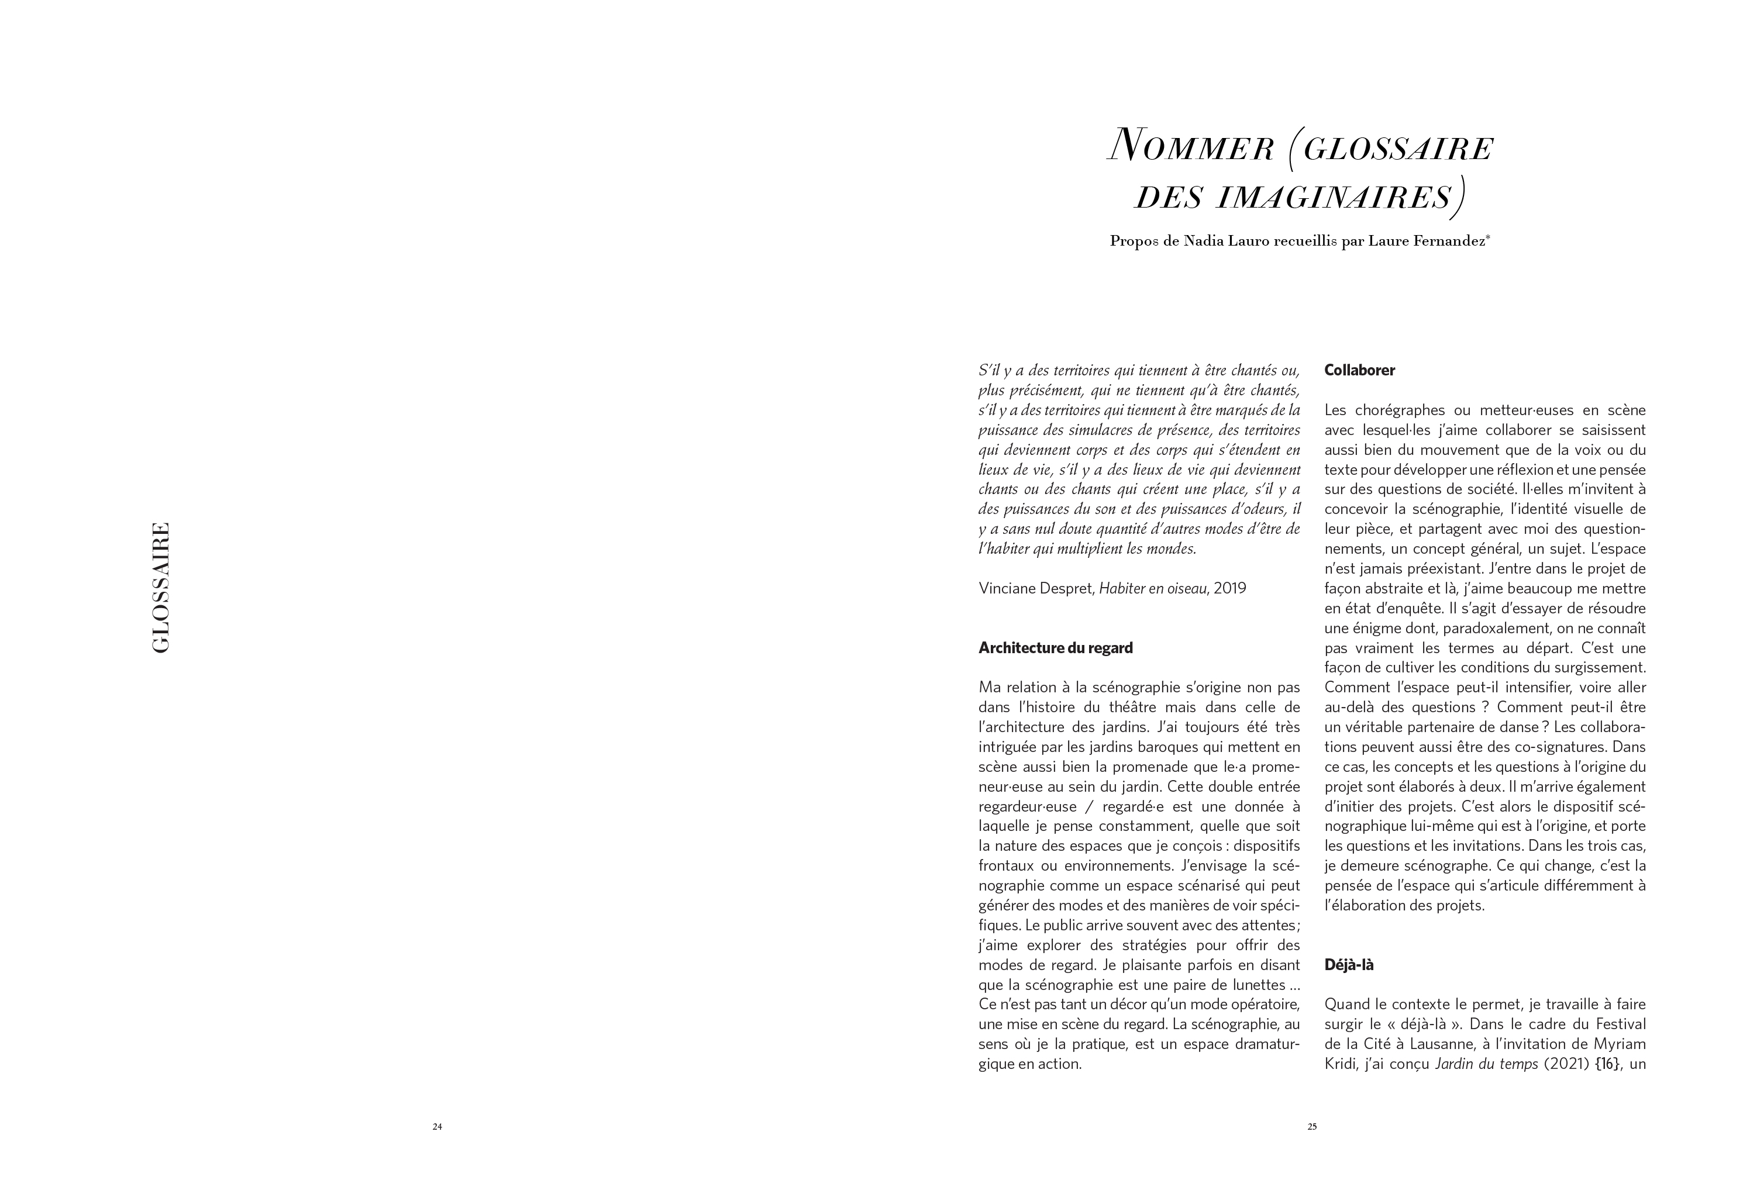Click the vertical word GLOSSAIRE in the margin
pyautogui.click(x=160, y=587)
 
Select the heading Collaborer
pyautogui.click(x=1359, y=370)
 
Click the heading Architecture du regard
pyautogui.click(x=1055, y=648)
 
